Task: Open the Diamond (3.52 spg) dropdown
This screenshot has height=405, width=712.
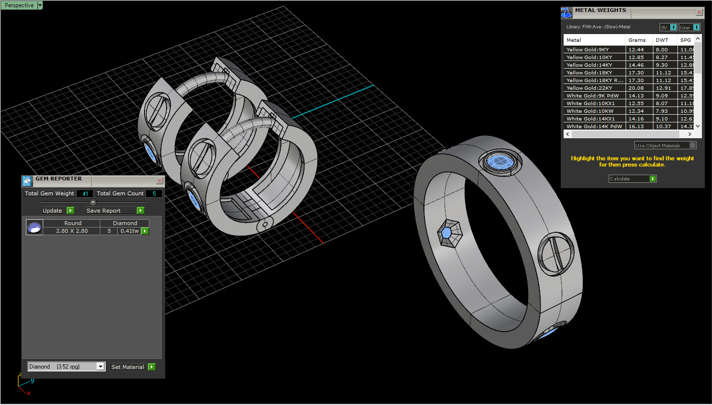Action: point(100,367)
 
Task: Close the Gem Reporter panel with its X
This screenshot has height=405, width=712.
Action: point(159,181)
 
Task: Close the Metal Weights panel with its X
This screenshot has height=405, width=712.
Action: point(699,12)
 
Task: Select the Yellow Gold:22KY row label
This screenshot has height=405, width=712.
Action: point(589,88)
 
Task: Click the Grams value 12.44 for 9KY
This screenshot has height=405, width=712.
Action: point(636,50)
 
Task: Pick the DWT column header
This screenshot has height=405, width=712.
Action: point(662,40)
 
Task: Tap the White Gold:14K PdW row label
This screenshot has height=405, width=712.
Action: point(594,127)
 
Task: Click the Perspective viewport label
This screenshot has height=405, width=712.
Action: point(19,5)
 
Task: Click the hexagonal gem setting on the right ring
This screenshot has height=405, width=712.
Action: point(447,233)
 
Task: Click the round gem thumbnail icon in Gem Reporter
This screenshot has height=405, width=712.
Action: point(34,227)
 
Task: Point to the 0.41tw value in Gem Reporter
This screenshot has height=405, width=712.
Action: point(129,231)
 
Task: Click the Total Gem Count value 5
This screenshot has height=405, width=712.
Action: point(154,194)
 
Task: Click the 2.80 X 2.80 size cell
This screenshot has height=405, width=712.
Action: point(72,231)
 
